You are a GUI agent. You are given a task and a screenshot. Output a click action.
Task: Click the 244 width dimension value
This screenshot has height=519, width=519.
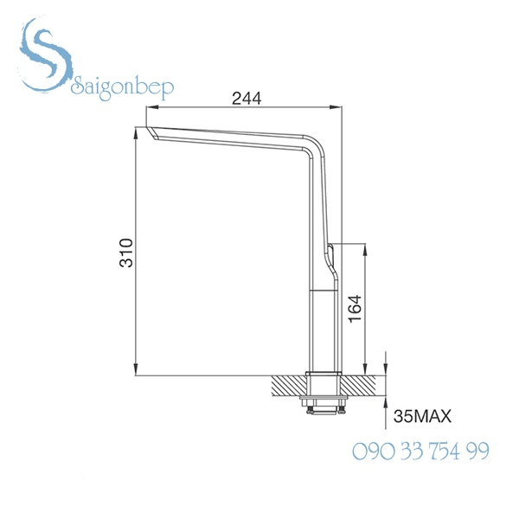247,98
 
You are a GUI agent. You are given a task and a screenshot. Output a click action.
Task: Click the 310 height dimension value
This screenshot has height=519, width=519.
126,252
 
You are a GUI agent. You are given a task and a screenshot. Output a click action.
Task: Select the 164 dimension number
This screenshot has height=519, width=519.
355,309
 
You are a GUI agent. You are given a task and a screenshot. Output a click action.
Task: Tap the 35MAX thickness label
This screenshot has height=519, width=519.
423,416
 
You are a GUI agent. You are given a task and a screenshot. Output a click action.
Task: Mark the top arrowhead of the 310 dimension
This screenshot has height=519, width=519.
138,133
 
